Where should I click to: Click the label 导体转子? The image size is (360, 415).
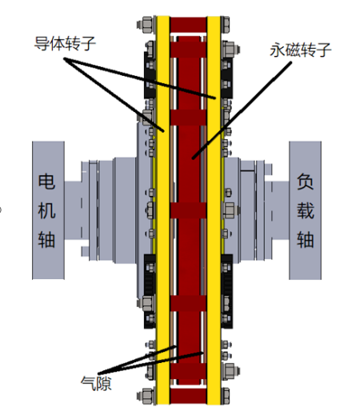65,43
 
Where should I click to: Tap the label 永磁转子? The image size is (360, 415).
300,50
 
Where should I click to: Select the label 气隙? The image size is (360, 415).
96,383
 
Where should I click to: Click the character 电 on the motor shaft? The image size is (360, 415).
46,182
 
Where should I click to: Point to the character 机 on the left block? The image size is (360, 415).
46,210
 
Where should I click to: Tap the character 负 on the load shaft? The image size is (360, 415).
306,182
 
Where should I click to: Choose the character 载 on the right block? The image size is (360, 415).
306,210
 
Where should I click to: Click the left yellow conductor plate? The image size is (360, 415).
162,210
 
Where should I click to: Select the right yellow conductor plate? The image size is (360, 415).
214,210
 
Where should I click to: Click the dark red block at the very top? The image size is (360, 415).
188,25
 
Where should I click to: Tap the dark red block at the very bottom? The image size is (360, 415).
188,396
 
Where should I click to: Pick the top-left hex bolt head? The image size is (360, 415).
146,25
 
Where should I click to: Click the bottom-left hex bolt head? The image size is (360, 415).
146,396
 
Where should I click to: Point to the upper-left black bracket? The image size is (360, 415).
150,75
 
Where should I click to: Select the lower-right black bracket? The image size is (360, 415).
226,291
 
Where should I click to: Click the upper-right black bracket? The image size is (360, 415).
226,78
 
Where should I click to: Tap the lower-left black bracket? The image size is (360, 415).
150,291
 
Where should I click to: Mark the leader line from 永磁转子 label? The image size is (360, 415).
242,110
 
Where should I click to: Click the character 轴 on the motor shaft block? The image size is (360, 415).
46,239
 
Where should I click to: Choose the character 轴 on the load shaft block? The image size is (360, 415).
306,239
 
